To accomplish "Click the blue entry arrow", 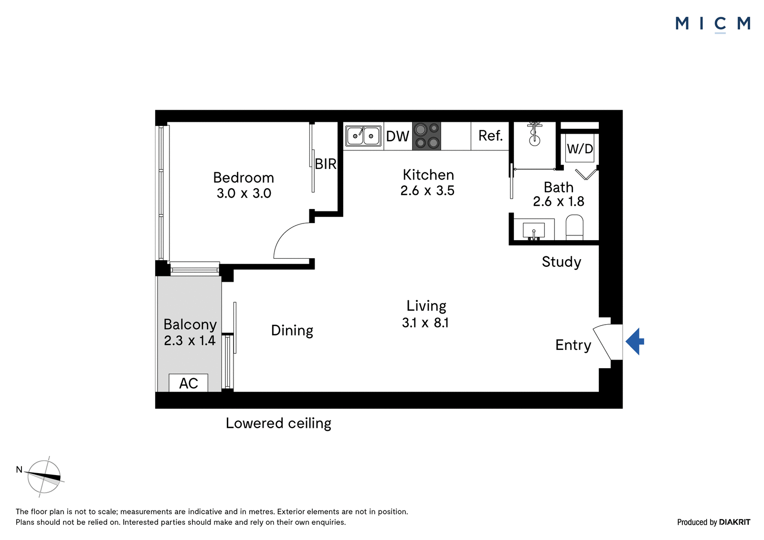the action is [x=635, y=341].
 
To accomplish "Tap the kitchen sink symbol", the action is [x=363, y=136].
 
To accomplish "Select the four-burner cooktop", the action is [x=426, y=136].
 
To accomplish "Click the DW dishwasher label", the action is [x=397, y=137].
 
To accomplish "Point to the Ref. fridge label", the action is [x=490, y=136].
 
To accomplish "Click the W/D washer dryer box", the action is [x=580, y=148].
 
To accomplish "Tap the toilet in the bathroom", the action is [x=574, y=227].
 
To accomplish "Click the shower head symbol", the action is [x=534, y=134].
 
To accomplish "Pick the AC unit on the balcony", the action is [x=188, y=383].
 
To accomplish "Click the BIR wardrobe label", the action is [x=326, y=164].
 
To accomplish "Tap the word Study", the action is [x=562, y=262].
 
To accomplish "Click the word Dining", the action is [x=292, y=330].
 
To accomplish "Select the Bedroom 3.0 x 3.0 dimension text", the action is [x=244, y=193].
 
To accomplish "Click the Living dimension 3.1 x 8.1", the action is [x=425, y=322].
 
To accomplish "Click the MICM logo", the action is [x=713, y=24].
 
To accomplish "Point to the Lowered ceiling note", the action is [x=278, y=424].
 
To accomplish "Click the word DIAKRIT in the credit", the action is [x=735, y=522].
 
